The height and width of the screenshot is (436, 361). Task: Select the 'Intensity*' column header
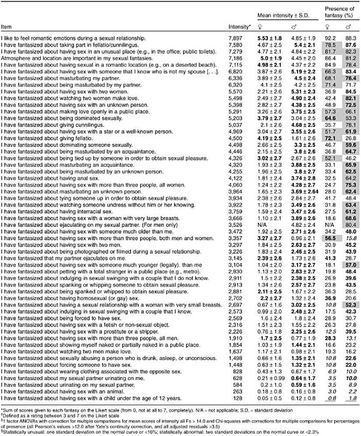coord(240,27)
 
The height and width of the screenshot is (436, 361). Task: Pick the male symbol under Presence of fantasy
coord(349,26)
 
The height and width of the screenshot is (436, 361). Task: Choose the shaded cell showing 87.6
coord(348,45)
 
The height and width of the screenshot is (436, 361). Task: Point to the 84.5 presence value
coord(348,92)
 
